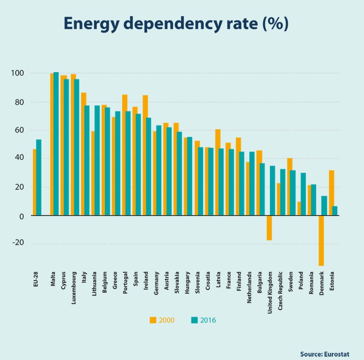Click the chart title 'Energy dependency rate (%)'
176,25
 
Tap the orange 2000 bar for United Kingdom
269,228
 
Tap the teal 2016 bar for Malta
56,143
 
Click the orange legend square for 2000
153,320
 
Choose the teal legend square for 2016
194,320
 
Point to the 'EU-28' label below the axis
35,283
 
